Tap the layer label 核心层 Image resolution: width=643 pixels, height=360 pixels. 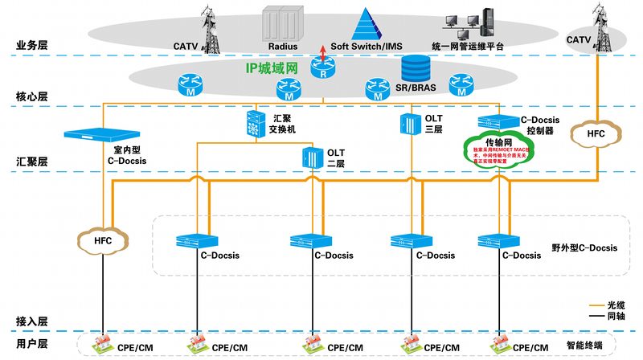pyautogui.click(x=32, y=96)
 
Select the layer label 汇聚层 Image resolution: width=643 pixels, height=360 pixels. pyautogui.click(x=32, y=162)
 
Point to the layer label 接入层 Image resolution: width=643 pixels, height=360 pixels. pyautogui.click(x=32, y=321)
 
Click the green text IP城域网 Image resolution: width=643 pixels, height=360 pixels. pyautogui.click(x=272, y=67)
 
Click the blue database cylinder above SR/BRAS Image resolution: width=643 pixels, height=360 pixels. pyautogui.click(x=415, y=66)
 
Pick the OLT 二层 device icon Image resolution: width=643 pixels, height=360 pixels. pyautogui.click(x=311, y=158)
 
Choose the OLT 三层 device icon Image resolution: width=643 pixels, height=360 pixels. pyautogui.click(x=408, y=124)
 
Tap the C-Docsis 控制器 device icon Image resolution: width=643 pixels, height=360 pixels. pyautogui.click(x=491, y=121)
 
